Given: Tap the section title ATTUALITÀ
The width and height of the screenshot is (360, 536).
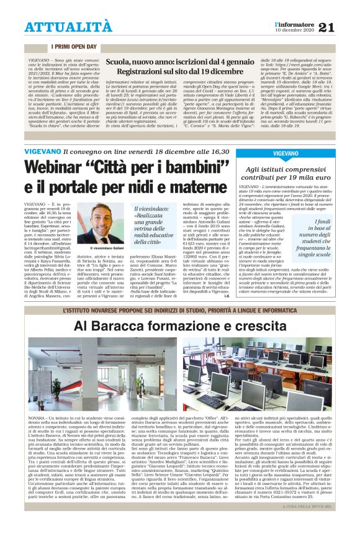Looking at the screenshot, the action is [60, 27].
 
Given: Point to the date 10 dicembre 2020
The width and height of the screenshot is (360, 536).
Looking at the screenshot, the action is [294, 30].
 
